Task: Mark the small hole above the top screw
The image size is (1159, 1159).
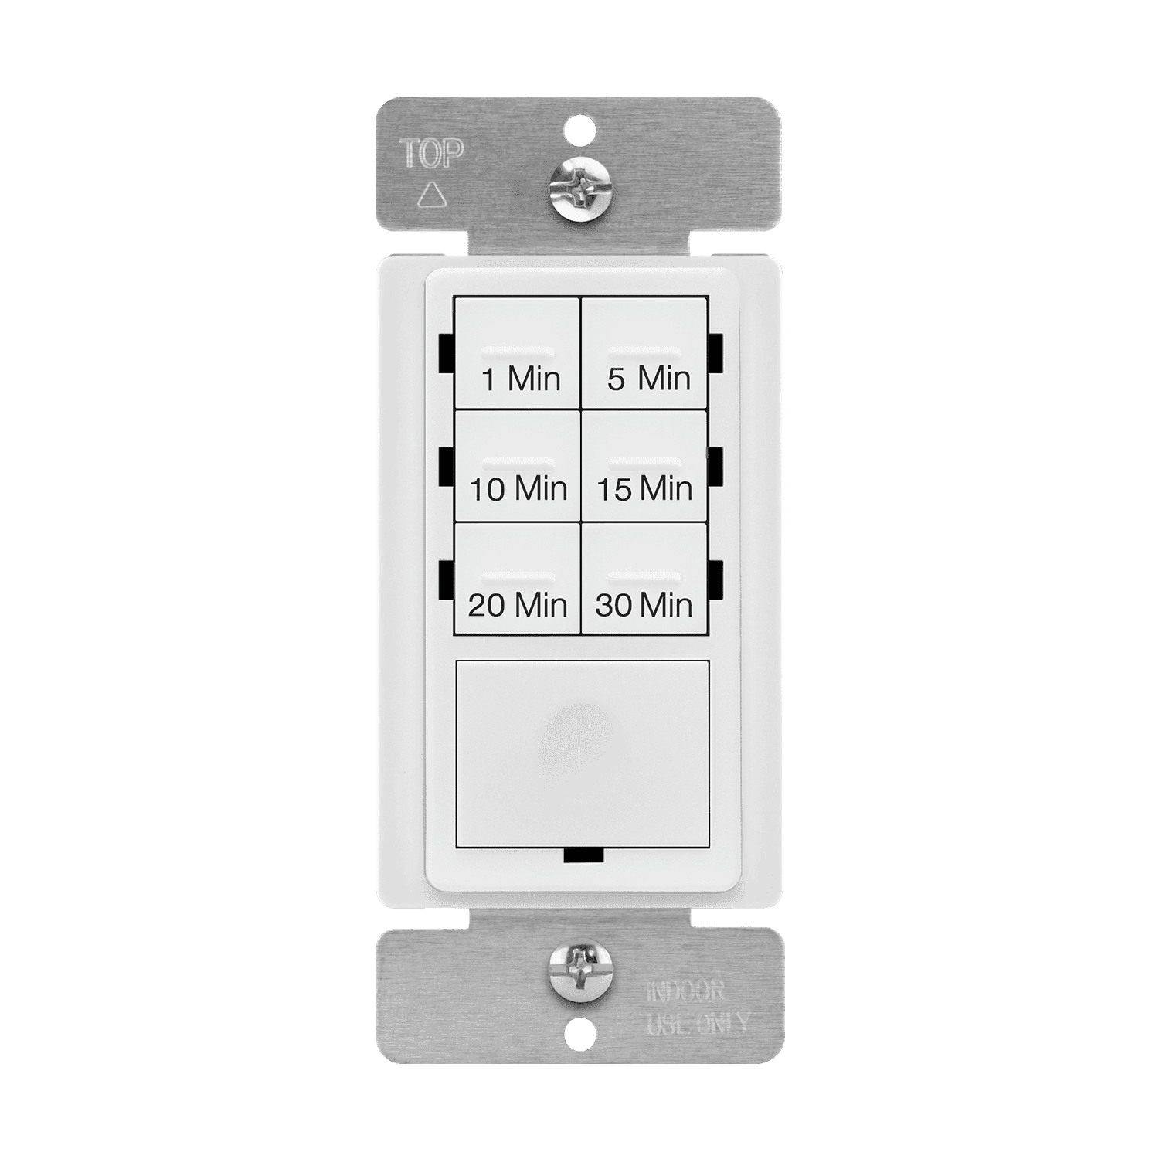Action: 580,124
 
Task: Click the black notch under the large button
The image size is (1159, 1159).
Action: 583,856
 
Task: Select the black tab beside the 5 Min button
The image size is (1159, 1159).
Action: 715,352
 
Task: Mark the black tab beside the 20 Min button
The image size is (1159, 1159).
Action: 446,581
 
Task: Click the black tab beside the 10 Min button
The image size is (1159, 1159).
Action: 446,467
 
